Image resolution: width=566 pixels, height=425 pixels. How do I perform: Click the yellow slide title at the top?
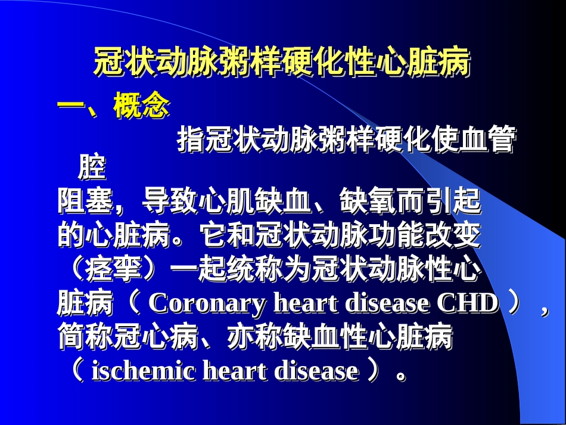282,62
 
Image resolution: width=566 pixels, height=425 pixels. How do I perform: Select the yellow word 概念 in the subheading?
142,108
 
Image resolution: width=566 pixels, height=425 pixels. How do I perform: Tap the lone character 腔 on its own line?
92,168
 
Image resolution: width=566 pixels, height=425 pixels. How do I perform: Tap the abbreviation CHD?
467,304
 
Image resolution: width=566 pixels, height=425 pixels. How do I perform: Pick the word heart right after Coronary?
301,304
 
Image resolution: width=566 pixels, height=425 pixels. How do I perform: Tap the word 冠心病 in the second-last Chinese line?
156,338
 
